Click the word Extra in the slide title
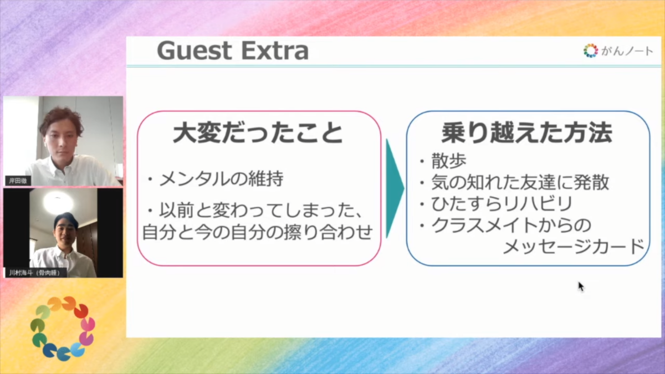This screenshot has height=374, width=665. pos(275,51)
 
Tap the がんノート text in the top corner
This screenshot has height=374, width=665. pos(627,51)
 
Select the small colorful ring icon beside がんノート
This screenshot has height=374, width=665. pos(591,51)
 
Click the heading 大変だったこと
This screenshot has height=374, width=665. pos(258,133)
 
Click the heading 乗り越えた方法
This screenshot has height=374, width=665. pos(527,132)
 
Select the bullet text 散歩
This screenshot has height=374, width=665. pos(448,161)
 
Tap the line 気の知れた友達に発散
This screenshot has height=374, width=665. pos(520,182)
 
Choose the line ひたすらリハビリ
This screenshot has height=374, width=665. pos(502,204)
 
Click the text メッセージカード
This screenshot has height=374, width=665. pos(574,247)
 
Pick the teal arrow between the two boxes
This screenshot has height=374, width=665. pos(395,188)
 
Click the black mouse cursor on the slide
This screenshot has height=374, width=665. pos(581,287)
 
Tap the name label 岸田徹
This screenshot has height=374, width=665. pos(18,181)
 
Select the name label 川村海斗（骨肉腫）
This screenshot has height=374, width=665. pos(35,273)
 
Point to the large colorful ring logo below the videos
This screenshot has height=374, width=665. pos(63,329)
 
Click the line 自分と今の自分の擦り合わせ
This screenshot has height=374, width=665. pos(258,232)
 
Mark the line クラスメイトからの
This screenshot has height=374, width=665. pos(511,225)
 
